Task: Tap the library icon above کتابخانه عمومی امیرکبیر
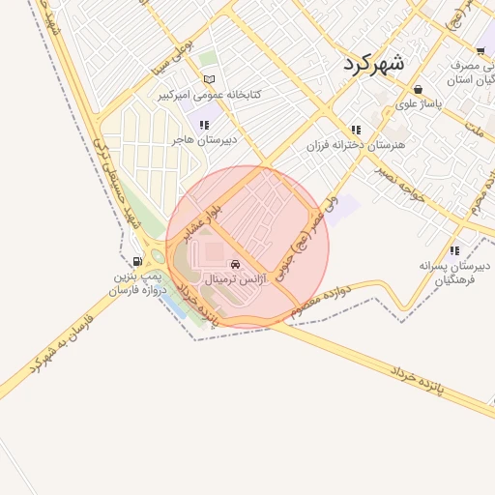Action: coord(210,80)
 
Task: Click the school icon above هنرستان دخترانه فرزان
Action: coord(356,130)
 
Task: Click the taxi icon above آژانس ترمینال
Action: coord(236,264)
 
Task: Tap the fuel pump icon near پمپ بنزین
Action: coord(134,261)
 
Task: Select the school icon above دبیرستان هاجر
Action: coord(203,125)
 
